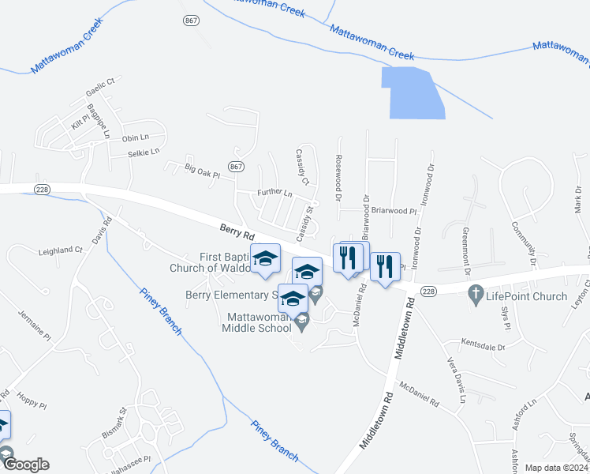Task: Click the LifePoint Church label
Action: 528,296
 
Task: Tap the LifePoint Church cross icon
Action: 475,296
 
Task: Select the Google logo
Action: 25,465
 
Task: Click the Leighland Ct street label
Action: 61,250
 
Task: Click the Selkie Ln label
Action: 143,152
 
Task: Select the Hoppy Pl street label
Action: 31,399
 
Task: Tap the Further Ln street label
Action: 274,194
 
